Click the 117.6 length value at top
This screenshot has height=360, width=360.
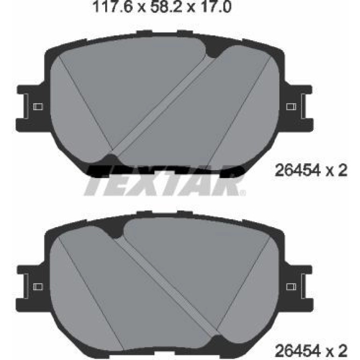[x=112, y=7]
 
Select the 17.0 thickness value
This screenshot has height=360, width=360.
[x=216, y=7]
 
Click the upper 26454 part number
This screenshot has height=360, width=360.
[x=298, y=170]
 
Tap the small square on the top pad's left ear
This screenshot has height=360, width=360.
[x=38, y=107]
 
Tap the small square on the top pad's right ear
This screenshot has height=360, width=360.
[x=291, y=107]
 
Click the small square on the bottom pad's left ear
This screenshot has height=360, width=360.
[x=38, y=287]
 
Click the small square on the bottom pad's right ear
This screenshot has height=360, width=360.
[x=291, y=287]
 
